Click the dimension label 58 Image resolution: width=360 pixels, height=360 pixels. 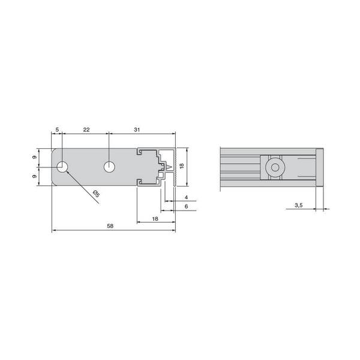pyautogui.click(x=110, y=226)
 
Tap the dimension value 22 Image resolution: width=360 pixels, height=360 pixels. pyautogui.click(x=86, y=130)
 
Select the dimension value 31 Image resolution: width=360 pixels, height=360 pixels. pyautogui.click(x=137, y=130)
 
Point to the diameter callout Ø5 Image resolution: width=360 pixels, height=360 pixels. pyautogui.click(x=97, y=194)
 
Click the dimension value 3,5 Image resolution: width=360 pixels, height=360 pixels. pyautogui.click(x=298, y=205)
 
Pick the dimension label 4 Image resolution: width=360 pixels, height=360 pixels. pyautogui.click(x=186, y=197)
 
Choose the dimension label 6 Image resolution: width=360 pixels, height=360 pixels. pyautogui.click(x=186, y=206)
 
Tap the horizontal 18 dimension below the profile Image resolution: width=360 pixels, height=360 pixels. pyautogui.click(x=155, y=219)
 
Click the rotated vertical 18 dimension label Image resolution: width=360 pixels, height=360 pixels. pyautogui.click(x=182, y=166)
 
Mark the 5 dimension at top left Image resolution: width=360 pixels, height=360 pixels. pyautogui.click(x=57, y=130)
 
